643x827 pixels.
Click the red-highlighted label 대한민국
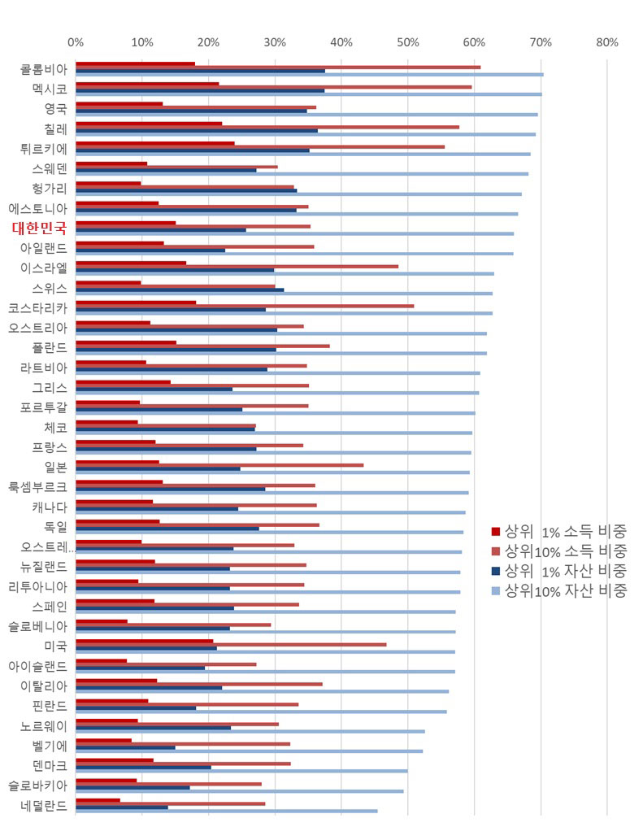pyautogui.click(x=39, y=228)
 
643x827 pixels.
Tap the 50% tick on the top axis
pyautogui.click(x=407, y=42)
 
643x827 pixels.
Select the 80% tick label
pyautogui.click(x=606, y=42)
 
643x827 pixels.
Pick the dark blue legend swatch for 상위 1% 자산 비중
pyautogui.click(x=496, y=571)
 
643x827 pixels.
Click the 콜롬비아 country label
pyautogui.click(x=44, y=69)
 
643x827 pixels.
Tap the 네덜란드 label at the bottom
pyautogui.click(x=44, y=806)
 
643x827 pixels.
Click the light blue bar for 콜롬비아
pyautogui.click(x=309, y=75)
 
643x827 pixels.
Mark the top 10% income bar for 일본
pyautogui.click(x=219, y=465)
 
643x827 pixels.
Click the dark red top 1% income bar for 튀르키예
pyautogui.click(x=154, y=143)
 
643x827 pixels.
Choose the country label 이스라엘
pyautogui.click(x=44, y=268)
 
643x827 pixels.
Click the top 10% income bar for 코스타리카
pyautogui.click(x=245, y=306)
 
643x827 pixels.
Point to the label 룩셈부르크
pyautogui.click(x=38, y=486)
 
